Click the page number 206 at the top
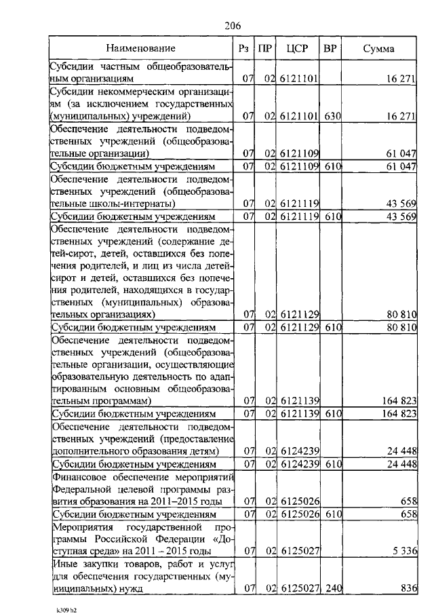coord(233,26)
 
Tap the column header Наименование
coord(140,48)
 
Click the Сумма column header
coord(379,48)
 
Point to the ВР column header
coord(330,48)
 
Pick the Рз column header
coord(244,48)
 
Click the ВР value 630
coord(332,117)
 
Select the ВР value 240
coord(332,589)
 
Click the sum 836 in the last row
coord(407,589)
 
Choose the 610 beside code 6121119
coord(332,217)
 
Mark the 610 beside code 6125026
coord(332,514)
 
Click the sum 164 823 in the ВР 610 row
coord(397,412)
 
